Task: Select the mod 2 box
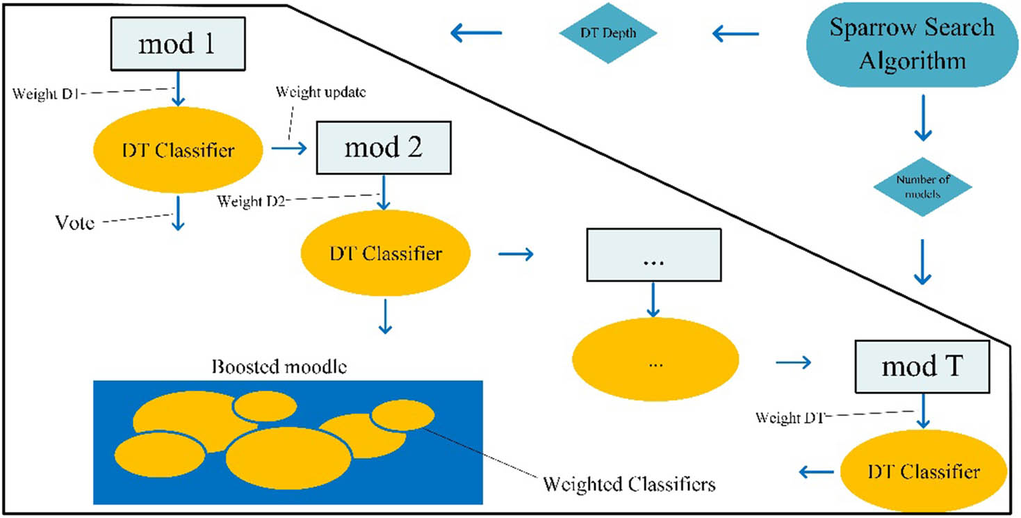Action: (384, 147)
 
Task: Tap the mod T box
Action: (922, 367)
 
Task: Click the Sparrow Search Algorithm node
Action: (912, 44)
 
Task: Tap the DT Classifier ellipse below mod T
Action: (924, 472)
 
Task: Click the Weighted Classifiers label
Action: (628, 483)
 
